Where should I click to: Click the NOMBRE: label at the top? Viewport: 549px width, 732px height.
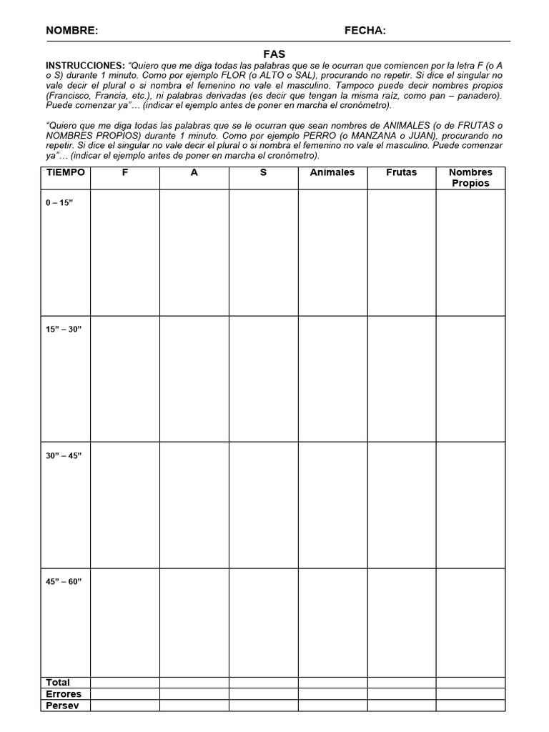click(x=72, y=30)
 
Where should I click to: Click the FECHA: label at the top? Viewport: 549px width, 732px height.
click(x=365, y=30)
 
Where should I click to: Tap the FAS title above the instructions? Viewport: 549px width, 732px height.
click(x=274, y=54)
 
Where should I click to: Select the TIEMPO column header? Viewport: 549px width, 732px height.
click(x=66, y=172)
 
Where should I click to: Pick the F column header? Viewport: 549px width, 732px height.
click(x=125, y=172)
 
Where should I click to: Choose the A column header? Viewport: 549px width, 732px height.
click(x=194, y=172)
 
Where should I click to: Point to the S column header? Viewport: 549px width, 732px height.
click(x=263, y=172)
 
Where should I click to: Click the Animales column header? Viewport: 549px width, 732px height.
click(x=332, y=172)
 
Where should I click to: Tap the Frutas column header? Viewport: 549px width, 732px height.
click(x=401, y=172)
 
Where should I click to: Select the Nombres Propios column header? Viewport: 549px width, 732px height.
click(x=470, y=177)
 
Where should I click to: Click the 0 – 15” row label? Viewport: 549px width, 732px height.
click(x=59, y=202)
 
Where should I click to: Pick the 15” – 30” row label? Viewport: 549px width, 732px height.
click(x=64, y=329)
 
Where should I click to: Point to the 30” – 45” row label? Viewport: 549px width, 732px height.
click(x=64, y=455)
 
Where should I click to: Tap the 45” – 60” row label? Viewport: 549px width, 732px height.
click(x=64, y=581)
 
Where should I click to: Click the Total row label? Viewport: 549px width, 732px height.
click(x=58, y=682)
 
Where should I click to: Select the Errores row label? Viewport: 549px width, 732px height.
click(x=64, y=693)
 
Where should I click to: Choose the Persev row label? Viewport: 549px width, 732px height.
click(x=62, y=706)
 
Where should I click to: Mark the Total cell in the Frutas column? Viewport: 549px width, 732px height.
click(x=402, y=682)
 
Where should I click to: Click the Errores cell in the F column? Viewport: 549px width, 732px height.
click(x=125, y=693)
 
